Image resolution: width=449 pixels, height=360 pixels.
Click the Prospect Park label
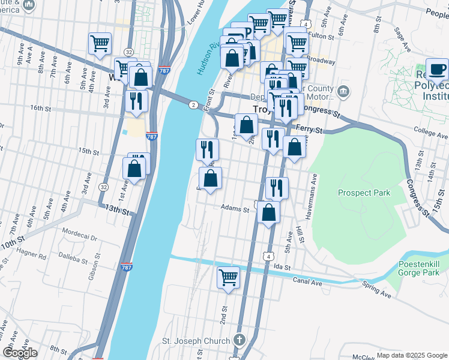tap(364, 193)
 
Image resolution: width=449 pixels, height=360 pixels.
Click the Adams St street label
tap(235, 209)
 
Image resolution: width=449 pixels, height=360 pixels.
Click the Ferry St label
tap(311, 130)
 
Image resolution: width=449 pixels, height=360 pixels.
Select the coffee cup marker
tap(437, 69)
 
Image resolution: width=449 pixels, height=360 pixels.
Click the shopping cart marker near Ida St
tap(228, 278)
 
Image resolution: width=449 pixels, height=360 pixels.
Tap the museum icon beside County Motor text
tap(343, 91)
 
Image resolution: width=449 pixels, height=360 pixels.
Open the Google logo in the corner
tap(20, 352)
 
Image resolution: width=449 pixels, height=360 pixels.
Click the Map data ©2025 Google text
tap(411, 355)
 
